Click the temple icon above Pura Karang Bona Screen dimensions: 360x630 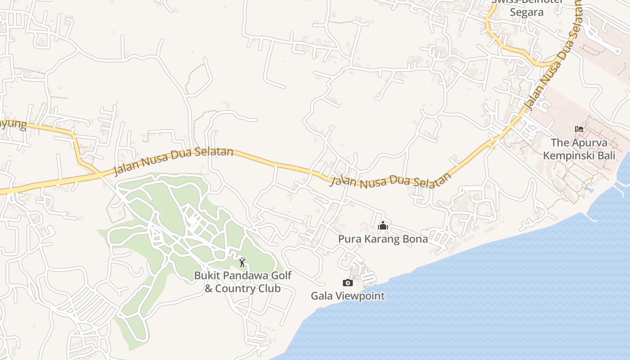pyautogui.click(x=383, y=225)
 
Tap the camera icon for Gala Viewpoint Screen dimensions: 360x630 pyautogui.click(x=347, y=283)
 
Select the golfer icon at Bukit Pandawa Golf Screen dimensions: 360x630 pyautogui.click(x=243, y=262)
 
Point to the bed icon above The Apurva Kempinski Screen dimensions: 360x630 pyautogui.click(x=579, y=129)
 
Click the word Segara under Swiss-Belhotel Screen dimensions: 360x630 pyautogui.click(x=526, y=12)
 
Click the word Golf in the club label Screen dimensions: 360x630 pyautogui.click(x=282, y=275)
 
